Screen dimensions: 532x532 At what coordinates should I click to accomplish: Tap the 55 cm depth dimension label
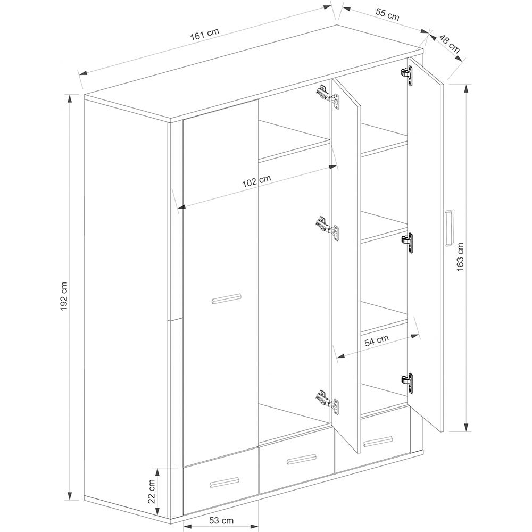[387, 14]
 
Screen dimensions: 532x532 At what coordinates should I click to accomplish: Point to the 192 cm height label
[65, 295]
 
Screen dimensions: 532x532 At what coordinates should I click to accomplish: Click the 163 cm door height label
[460, 256]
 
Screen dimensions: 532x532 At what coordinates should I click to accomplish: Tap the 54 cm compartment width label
[377, 340]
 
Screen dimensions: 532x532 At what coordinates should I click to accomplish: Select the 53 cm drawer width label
[221, 520]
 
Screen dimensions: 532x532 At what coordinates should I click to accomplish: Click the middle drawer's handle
[301, 459]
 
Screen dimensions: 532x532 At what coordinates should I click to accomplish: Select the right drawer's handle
[378, 440]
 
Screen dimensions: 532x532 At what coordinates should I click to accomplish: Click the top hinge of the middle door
[328, 96]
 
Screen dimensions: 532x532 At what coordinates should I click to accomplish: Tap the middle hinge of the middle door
[328, 229]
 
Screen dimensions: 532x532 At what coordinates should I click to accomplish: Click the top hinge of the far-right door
[408, 76]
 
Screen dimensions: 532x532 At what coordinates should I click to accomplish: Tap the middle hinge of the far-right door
[408, 243]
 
